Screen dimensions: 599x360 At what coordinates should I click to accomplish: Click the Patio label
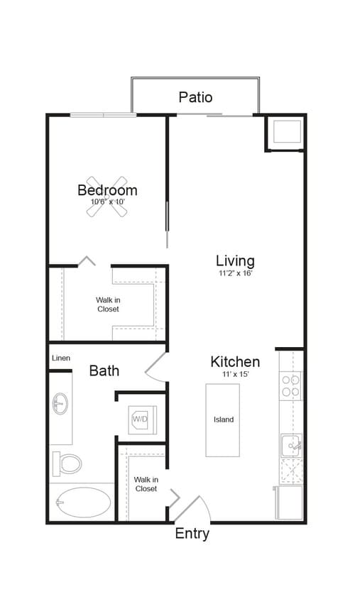click(195, 97)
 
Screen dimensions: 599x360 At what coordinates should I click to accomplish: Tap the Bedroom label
click(107, 190)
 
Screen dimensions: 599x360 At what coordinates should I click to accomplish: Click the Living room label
click(235, 260)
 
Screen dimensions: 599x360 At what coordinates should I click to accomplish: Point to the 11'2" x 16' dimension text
click(235, 273)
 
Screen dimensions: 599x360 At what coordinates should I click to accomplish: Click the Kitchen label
click(234, 361)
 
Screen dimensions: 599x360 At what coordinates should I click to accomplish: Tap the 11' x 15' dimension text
click(234, 373)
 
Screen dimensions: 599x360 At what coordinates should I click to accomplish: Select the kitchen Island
click(223, 419)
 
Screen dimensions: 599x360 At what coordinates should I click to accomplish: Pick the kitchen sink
click(291, 446)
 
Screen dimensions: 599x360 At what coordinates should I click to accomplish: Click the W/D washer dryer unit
click(140, 419)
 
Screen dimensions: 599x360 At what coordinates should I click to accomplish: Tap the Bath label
click(104, 370)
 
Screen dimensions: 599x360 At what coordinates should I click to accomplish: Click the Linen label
click(60, 358)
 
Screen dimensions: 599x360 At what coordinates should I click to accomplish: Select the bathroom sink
click(60, 405)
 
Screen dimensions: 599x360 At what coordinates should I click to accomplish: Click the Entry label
click(192, 534)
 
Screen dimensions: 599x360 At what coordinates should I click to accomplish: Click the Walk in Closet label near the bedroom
click(108, 304)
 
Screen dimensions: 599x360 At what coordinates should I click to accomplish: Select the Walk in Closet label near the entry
click(146, 484)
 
